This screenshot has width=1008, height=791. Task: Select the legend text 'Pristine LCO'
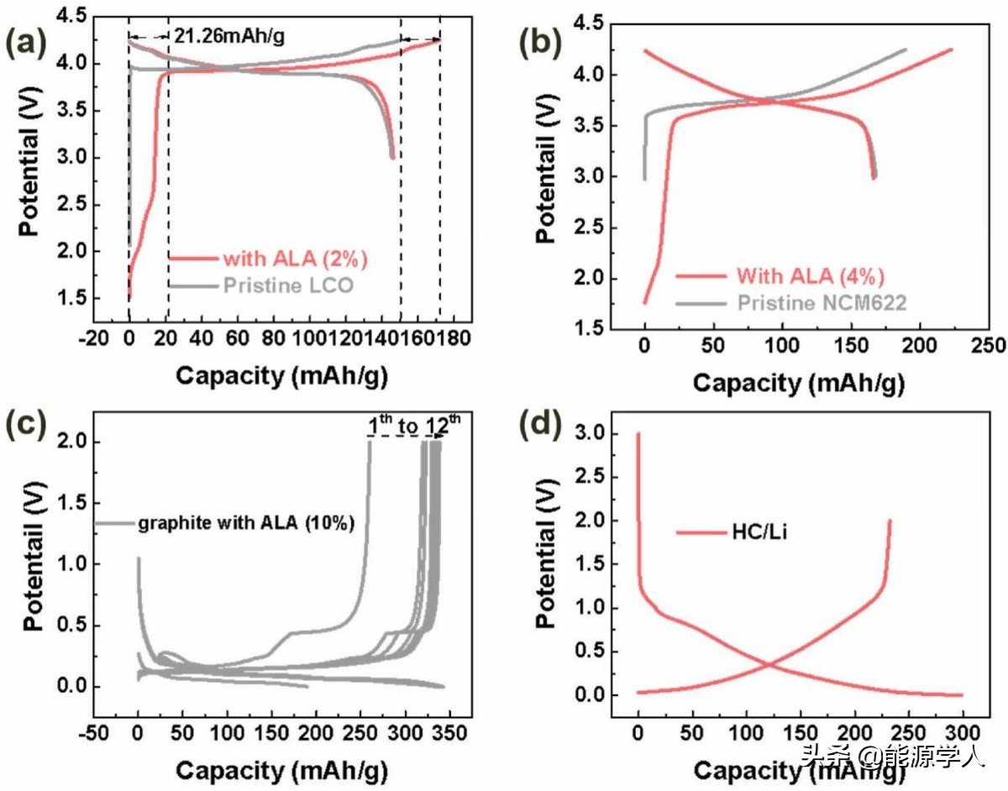(x=288, y=285)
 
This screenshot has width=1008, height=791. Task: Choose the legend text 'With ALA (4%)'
(x=811, y=275)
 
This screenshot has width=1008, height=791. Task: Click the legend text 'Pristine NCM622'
(x=822, y=302)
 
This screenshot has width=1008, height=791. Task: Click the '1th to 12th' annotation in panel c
(x=414, y=427)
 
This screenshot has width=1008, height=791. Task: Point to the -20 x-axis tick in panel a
(x=92, y=338)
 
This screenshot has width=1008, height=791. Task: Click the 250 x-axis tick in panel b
(x=988, y=346)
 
